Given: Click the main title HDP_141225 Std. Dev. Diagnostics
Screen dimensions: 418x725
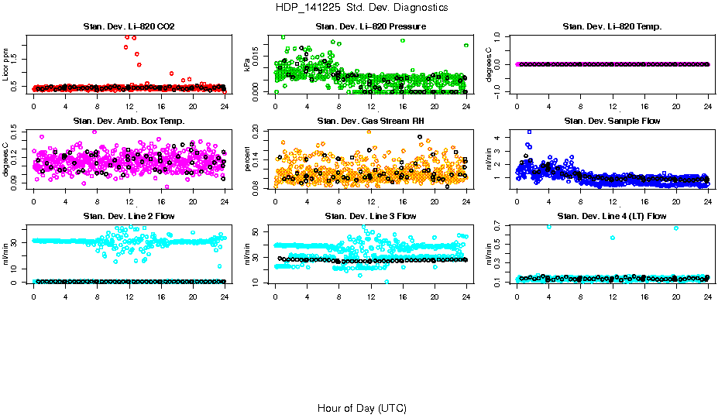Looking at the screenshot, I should (362, 7).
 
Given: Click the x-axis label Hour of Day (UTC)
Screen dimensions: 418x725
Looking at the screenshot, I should (362, 408).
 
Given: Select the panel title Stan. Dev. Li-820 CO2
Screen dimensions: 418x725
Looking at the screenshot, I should (129, 27).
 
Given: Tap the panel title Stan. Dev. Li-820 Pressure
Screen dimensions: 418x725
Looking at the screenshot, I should (371, 27).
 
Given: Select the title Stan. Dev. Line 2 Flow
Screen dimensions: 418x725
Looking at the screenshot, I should (129, 216).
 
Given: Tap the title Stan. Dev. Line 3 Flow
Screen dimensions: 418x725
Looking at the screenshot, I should (371, 216).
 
